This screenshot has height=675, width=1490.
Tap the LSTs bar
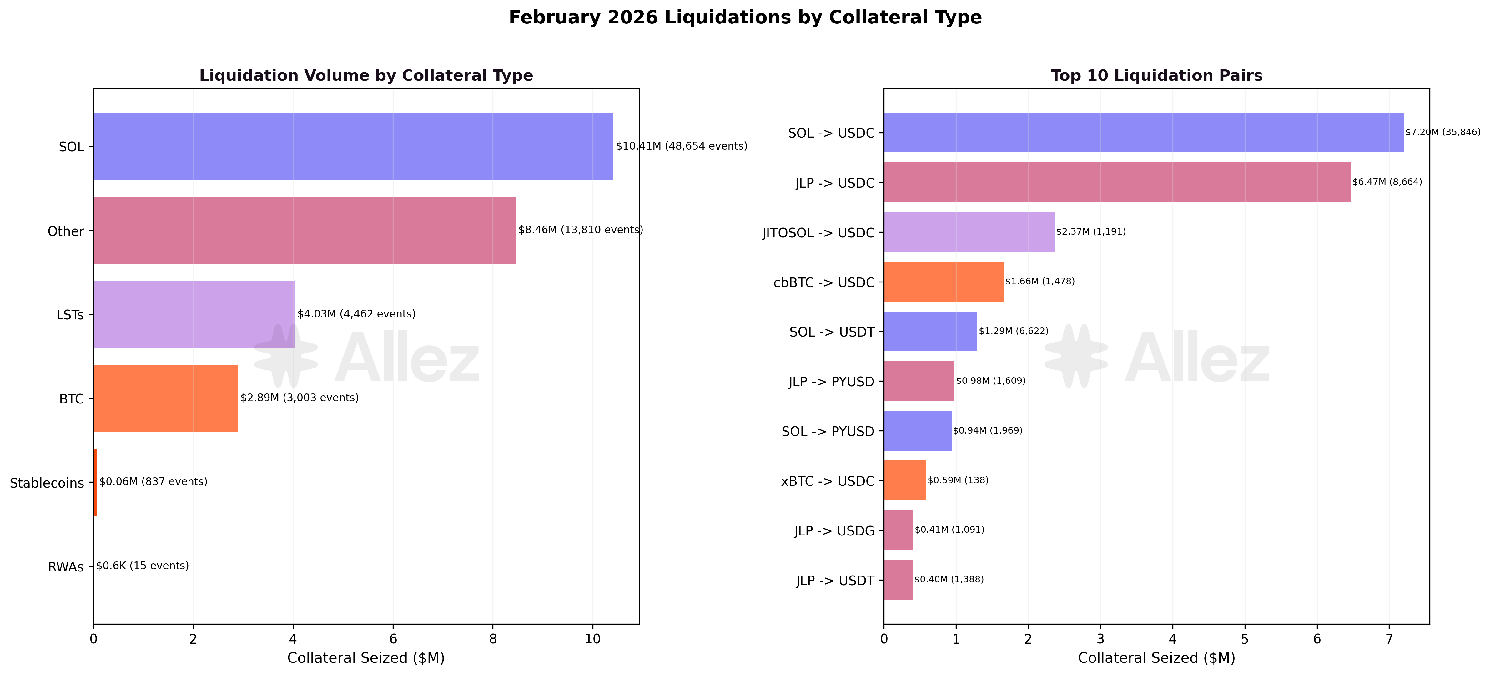[194, 314]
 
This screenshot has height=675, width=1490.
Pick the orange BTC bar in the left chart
[165, 398]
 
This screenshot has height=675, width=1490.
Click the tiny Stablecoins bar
[95, 482]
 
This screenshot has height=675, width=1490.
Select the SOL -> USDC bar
[1143, 133]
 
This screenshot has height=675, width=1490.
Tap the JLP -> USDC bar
[1116, 182]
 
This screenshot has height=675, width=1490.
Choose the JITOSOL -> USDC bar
[969, 232]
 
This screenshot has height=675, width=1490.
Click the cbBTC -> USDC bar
[944, 282]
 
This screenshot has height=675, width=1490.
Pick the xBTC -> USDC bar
[905, 480]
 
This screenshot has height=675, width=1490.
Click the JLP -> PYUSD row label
[831, 382]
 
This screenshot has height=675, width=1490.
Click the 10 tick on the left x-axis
[592, 639]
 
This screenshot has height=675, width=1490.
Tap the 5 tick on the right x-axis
[1245, 639]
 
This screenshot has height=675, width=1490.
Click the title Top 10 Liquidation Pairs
[1156, 76]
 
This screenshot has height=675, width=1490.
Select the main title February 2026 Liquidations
[745, 18]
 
